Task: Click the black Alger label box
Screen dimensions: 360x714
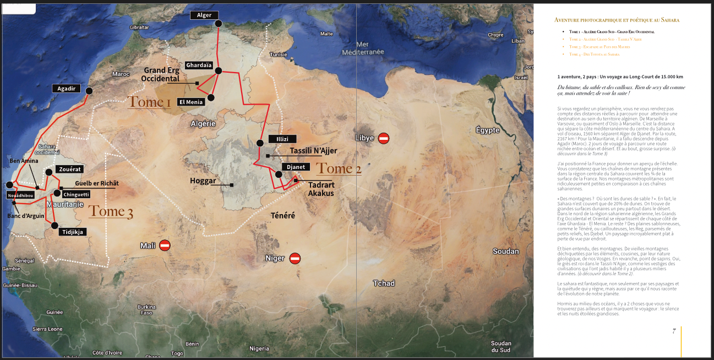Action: click(204, 15)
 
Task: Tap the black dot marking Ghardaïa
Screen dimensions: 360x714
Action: click(219, 70)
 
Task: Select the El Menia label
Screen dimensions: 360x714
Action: click(190, 102)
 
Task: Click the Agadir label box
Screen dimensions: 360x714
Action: click(67, 88)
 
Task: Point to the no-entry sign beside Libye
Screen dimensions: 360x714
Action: click(384, 138)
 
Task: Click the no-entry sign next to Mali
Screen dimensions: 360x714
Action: click(165, 246)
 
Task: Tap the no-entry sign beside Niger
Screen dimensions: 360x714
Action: click(295, 258)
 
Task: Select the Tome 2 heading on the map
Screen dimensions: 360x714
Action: click(339, 169)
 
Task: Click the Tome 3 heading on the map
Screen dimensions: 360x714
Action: click(111, 211)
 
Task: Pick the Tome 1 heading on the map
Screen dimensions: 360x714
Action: click(149, 102)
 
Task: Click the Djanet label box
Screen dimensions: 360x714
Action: click(296, 167)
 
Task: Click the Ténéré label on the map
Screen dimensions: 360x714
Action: click(282, 216)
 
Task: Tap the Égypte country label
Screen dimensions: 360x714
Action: click(488, 130)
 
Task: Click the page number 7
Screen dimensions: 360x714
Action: click(674, 331)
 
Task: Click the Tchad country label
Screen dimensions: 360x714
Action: click(384, 283)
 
